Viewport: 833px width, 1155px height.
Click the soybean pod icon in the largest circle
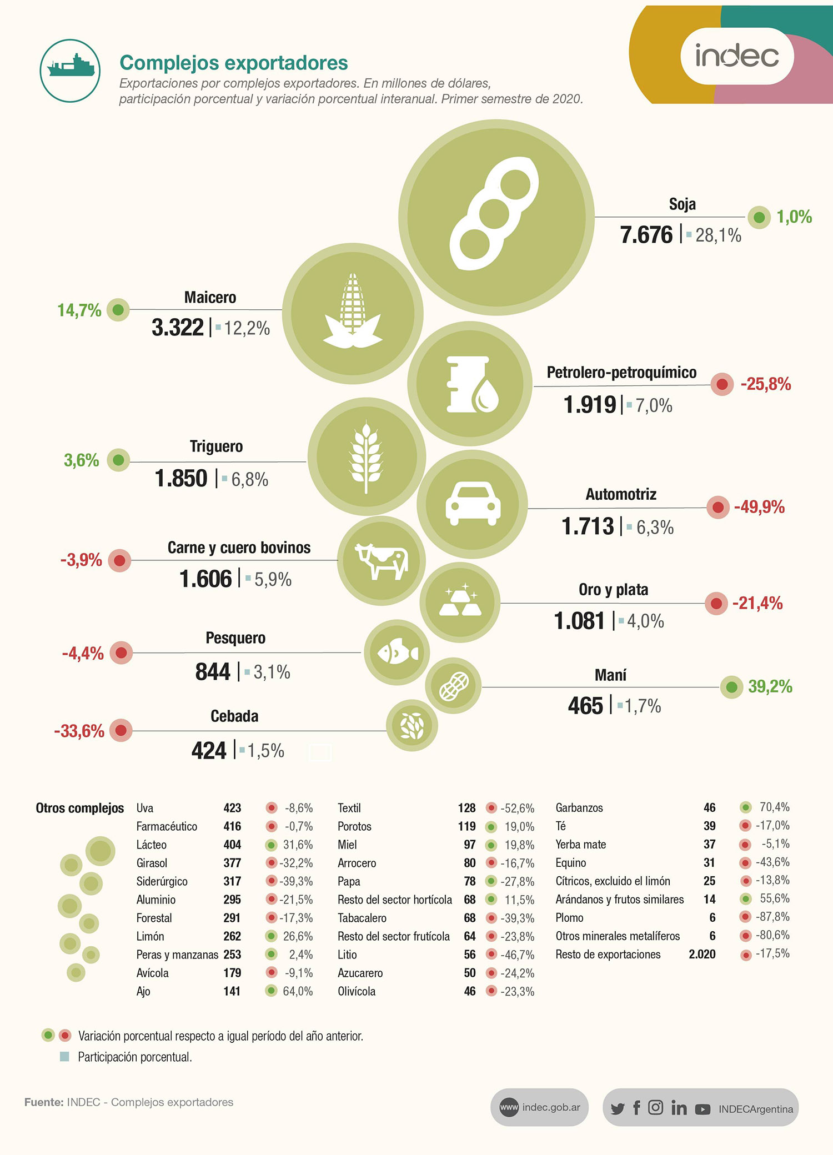click(x=494, y=213)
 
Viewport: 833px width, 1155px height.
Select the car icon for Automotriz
click(x=473, y=503)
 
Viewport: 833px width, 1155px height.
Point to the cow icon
click(x=381, y=561)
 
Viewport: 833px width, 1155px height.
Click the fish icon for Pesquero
click(x=397, y=652)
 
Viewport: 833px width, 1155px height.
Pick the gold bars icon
click(x=460, y=602)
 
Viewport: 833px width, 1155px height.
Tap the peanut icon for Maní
click(x=454, y=686)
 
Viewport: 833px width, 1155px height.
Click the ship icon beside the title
click(x=70, y=68)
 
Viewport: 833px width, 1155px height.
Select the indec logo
click(x=737, y=56)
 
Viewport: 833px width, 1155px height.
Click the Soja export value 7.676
click(x=646, y=235)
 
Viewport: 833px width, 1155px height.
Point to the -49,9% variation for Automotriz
click(x=759, y=507)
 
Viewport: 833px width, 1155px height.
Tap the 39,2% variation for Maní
click(x=770, y=687)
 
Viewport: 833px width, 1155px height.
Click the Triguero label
click(x=216, y=446)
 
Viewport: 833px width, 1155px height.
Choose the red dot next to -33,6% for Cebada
click(x=121, y=730)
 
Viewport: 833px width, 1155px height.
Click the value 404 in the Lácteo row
click(x=232, y=845)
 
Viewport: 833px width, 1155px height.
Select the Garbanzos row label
click(x=579, y=808)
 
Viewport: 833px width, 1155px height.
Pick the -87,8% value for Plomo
click(x=772, y=917)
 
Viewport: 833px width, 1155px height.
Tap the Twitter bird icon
click(x=618, y=1109)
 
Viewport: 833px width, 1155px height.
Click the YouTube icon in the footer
click(x=702, y=1109)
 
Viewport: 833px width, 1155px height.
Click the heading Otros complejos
click(x=80, y=808)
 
